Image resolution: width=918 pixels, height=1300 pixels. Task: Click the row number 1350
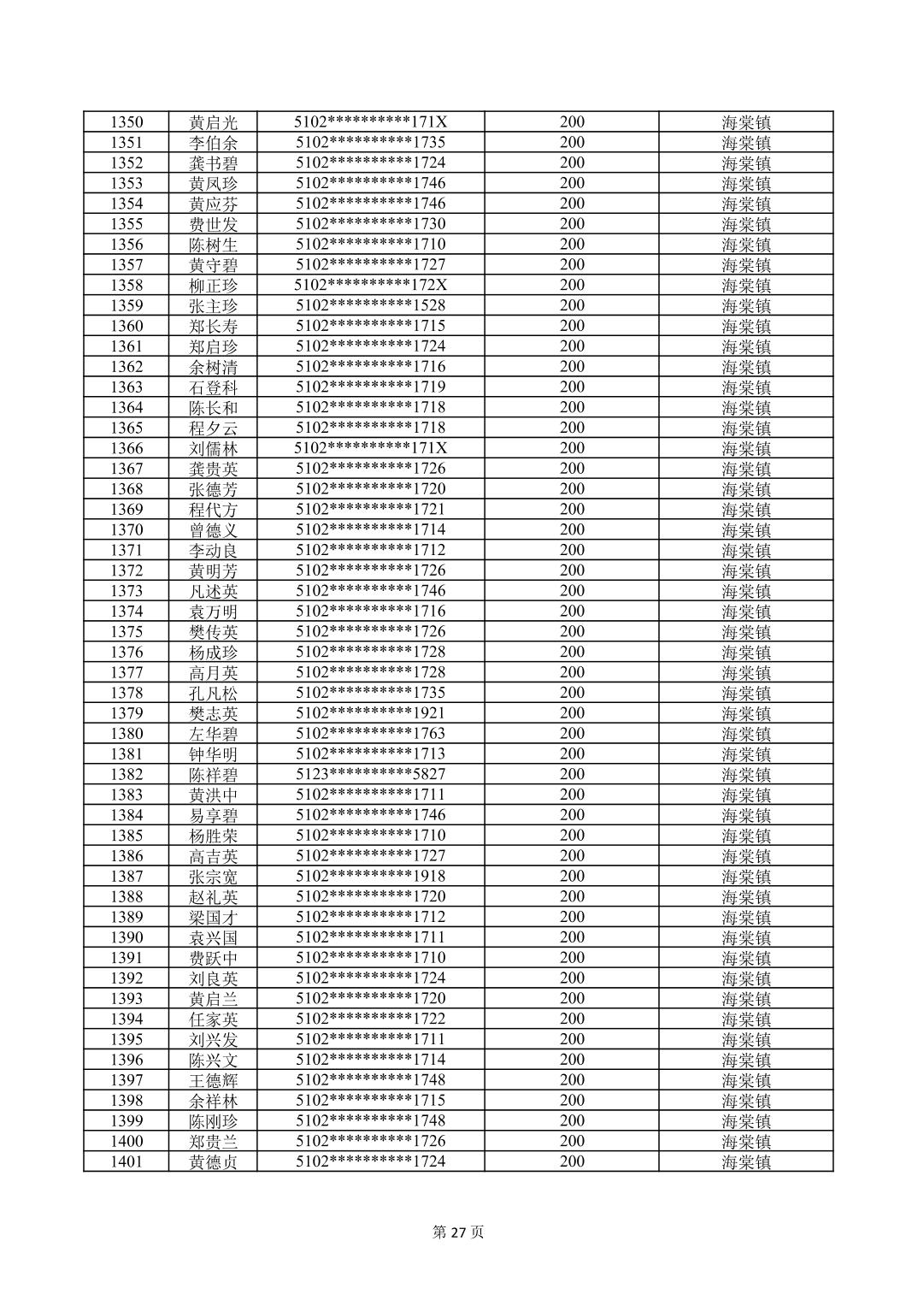(x=127, y=122)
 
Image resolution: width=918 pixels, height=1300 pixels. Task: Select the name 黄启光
(x=214, y=122)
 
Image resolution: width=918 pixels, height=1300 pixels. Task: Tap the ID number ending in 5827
(x=371, y=774)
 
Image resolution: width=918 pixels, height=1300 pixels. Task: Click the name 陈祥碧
(x=214, y=775)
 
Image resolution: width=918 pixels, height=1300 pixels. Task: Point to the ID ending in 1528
(x=371, y=305)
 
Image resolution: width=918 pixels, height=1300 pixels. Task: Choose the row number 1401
(x=127, y=1161)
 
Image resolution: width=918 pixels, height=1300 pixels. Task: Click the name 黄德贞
(x=214, y=1161)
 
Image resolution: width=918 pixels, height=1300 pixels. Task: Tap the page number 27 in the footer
(x=458, y=1232)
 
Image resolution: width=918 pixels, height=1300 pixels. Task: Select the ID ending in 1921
(x=371, y=713)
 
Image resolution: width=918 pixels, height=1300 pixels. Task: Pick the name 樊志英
(x=214, y=713)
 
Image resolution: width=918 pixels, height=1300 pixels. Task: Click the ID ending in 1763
(x=371, y=734)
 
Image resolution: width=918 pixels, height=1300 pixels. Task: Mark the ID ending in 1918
(x=371, y=876)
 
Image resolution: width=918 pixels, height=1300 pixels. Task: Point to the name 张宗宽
(x=214, y=877)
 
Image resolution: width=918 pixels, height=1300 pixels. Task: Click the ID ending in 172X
(x=371, y=285)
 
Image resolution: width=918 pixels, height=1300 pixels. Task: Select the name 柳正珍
(x=214, y=286)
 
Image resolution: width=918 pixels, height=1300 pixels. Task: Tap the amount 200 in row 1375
(x=572, y=632)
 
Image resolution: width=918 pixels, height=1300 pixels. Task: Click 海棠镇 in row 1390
(x=746, y=937)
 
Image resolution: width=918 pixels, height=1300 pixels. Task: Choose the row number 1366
(x=127, y=448)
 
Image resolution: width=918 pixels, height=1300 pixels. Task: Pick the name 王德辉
(x=214, y=1080)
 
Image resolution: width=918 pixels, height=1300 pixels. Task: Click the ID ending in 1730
(x=371, y=224)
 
